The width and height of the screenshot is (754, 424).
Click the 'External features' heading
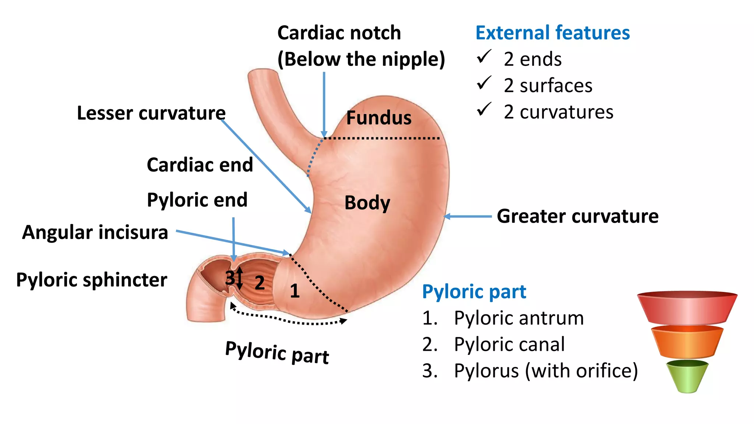point(552,33)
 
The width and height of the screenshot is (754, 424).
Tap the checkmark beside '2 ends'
point(484,57)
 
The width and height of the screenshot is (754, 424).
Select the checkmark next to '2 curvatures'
point(484,110)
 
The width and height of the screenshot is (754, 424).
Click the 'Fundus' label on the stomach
point(378,118)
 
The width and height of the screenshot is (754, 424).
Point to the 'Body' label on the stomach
point(367,203)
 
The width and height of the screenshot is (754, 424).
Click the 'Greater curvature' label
point(577,216)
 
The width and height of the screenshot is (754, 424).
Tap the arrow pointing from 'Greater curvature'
point(468,216)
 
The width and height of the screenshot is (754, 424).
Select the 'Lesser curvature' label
point(151,113)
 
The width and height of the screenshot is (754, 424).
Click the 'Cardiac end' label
point(200,165)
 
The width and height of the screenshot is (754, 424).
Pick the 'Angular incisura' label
point(95,232)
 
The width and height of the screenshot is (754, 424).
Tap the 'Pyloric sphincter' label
point(92,280)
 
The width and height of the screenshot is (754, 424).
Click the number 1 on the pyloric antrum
point(295,291)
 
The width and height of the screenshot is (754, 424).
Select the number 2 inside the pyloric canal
point(260,283)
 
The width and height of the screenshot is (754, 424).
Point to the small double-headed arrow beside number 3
point(240,278)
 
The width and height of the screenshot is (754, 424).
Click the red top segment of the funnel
point(687,307)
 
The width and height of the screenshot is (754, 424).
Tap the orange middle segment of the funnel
point(687,342)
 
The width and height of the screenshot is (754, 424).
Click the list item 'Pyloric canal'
point(509,344)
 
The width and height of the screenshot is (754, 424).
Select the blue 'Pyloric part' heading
point(474,292)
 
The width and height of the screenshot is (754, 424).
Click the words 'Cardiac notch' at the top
point(339,33)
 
